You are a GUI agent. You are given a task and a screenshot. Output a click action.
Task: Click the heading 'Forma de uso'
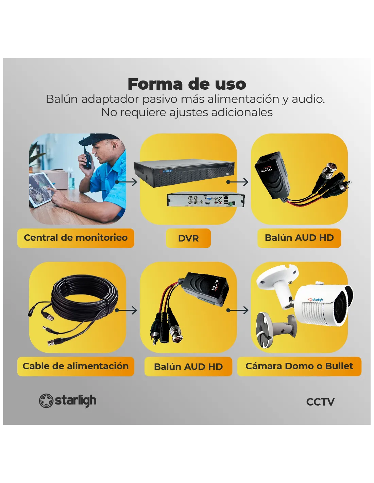187,84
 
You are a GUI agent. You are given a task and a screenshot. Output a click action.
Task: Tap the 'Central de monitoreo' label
75,238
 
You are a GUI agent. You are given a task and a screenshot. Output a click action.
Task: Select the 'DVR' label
188,238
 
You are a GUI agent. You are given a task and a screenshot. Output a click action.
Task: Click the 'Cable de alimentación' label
75,366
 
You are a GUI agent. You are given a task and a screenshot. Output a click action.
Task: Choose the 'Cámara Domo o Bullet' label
299,366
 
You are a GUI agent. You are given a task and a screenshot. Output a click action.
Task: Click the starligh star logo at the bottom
46,401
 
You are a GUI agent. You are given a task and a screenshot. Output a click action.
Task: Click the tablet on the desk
42,190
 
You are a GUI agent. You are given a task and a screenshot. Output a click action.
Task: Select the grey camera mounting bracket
276,329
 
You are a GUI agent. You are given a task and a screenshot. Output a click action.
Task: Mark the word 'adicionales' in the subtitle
242,112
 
